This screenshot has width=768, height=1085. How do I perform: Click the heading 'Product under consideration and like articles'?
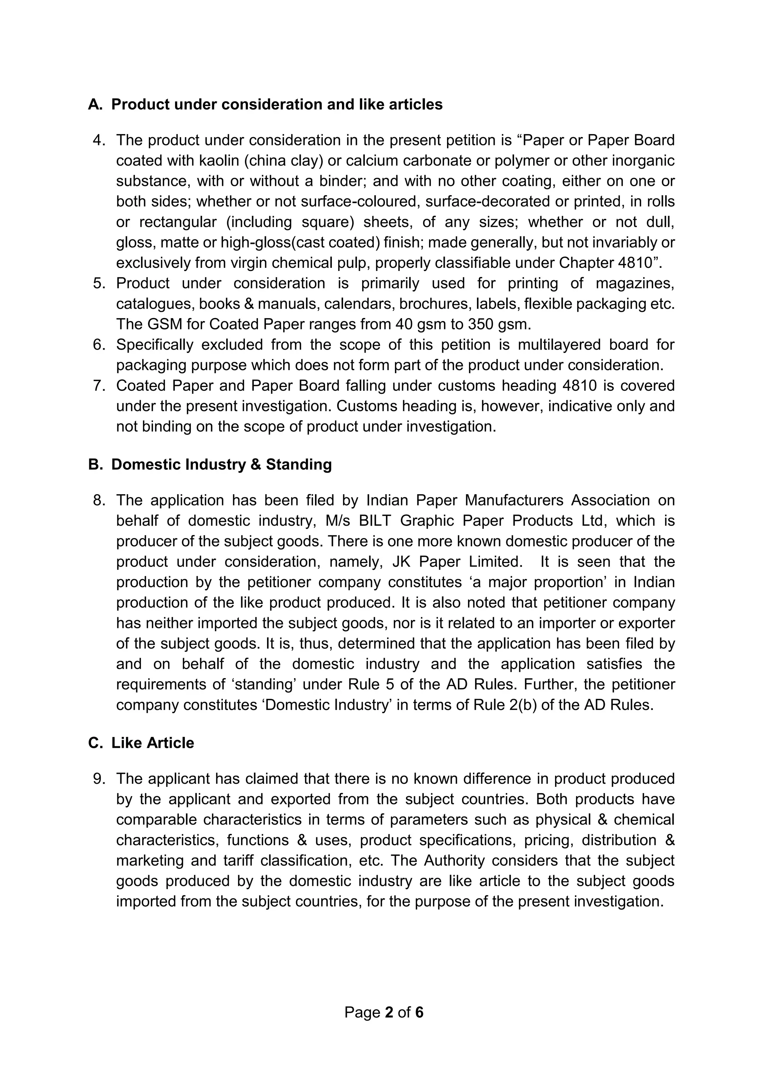[277, 105]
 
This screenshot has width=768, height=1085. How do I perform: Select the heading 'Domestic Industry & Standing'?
[221, 465]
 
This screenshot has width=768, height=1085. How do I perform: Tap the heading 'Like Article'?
[152, 743]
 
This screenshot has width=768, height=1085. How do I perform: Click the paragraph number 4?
[98, 140]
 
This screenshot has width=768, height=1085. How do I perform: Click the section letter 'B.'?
[95, 465]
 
